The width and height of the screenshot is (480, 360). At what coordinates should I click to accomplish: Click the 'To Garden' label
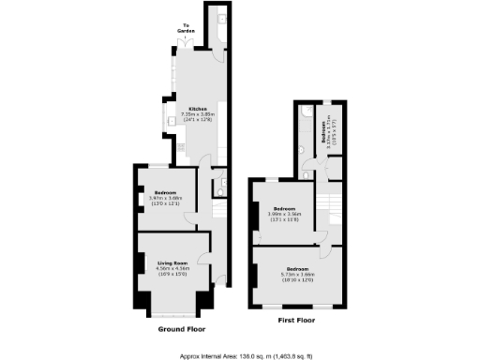pos(187,28)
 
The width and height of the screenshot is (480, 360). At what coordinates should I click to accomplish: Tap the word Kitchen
pos(197,110)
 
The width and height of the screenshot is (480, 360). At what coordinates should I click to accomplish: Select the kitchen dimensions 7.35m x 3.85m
pos(197,115)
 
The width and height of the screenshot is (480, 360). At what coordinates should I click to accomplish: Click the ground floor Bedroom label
pos(165,192)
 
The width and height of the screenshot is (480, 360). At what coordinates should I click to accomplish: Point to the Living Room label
pos(170,263)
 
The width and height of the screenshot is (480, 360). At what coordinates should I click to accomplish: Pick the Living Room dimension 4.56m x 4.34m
pos(170,269)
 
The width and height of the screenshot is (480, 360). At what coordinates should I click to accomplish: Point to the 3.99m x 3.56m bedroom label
pos(284,215)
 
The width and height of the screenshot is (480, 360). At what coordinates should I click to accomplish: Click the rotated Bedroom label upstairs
pos(324,139)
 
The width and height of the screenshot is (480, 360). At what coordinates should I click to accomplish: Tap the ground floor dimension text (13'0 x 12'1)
pos(165,203)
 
